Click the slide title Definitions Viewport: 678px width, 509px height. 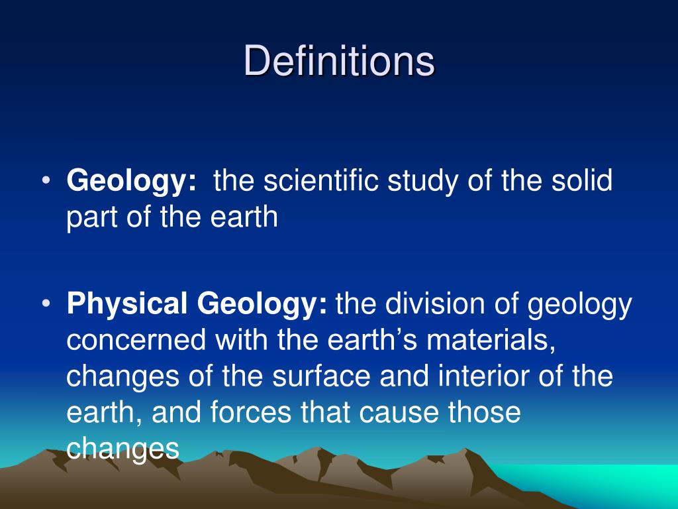pyautogui.click(x=339, y=62)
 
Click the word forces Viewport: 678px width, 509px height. pyautogui.click(x=252, y=413)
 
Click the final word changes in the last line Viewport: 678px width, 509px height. pyautogui.click(x=123, y=449)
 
